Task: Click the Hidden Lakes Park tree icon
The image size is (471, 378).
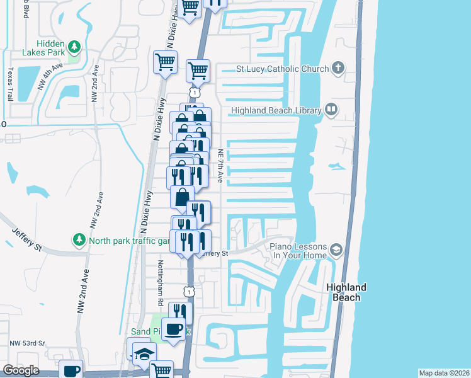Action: coord(74,46)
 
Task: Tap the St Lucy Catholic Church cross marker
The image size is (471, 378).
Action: coord(338,68)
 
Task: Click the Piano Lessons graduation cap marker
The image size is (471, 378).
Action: coord(336,251)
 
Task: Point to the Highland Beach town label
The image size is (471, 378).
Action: coord(346,292)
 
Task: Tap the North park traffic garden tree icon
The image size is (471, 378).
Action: coord(79,240)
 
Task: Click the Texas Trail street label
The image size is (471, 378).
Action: coord(10,84)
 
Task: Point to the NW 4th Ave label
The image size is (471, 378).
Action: coord(50,76)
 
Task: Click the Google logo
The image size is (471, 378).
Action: coord(21,370)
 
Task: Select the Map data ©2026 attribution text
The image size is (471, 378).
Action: coord(444,373)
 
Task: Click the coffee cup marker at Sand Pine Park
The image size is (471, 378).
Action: coord(173,328)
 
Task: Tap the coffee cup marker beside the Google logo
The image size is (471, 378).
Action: coord(71,370)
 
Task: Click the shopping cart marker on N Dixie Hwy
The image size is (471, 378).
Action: coord(165,62)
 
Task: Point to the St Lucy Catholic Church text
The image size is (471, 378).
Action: coord(283,69)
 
